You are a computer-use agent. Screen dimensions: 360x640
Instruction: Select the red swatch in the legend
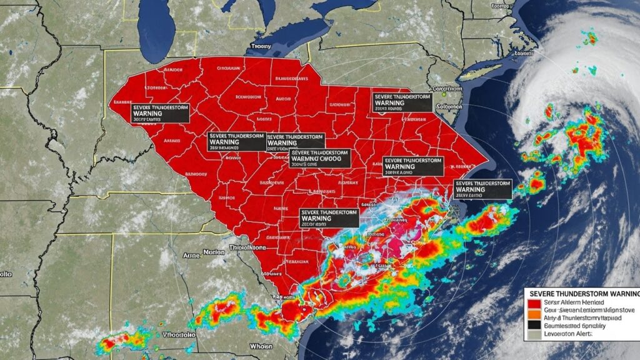click(533, 303)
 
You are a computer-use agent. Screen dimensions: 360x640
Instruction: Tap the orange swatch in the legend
click(533, 314)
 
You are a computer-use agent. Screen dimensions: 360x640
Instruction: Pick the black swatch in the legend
click(533, 325)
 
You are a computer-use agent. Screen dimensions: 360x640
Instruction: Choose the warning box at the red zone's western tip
click(161, 112)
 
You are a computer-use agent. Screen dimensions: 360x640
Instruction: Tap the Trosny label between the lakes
click(261, 46)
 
